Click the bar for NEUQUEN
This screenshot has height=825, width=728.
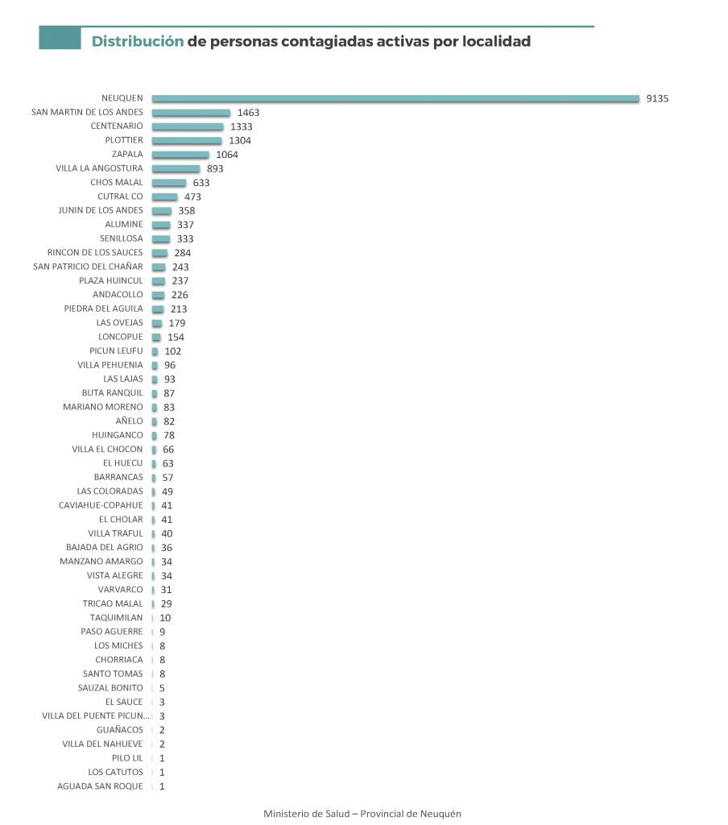[395, 98]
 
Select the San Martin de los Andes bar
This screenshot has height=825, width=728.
[191, 113]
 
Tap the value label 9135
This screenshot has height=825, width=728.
[657, 99]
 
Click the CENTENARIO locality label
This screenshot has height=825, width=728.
[117, 126]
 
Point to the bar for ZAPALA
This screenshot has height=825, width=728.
[180, 155]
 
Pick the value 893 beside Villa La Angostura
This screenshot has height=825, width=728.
[214, 169]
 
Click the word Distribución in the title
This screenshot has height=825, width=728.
[138, 41]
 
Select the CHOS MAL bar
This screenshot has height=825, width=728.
[169, 183]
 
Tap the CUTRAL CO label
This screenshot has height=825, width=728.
[120, 197]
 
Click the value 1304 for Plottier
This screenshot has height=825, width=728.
[240, 141]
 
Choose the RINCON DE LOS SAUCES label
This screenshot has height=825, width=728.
[95, 253]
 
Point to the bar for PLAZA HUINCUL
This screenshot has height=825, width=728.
[159, 280]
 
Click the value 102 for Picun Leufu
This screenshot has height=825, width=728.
[172, 351]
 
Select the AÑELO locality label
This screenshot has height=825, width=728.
[129, 421]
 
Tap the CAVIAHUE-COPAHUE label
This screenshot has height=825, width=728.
[101, 505]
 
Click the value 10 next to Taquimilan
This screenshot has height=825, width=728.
[165, 618]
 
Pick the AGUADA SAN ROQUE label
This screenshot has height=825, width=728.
[100, 786]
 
